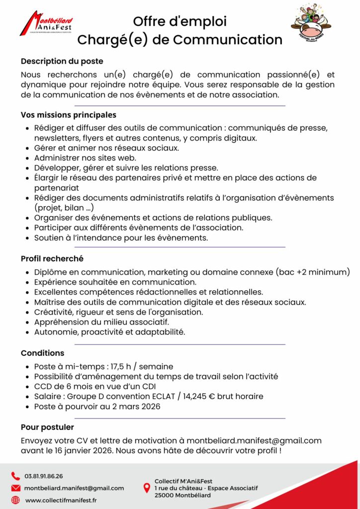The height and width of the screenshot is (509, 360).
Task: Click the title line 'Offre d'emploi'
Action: pos(180,21)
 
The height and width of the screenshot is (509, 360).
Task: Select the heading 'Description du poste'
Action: pos(62,61)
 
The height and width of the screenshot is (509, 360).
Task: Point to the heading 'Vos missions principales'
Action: pos(69,115)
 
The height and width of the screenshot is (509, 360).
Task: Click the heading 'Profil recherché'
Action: pos(52,258)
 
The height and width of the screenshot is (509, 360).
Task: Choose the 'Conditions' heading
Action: pos(42,353)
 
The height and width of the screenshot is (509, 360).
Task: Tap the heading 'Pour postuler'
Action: pos(47,427)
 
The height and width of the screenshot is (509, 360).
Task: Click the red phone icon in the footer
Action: pos(15,476)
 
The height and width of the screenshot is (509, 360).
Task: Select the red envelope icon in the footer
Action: pos(15,488)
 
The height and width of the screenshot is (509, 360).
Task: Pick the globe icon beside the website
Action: pos(15,500)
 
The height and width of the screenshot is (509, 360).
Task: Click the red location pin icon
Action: pos(147,488)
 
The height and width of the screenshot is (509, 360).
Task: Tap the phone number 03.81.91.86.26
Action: pos(44,476)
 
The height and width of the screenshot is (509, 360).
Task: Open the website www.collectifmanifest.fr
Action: pos(61,500)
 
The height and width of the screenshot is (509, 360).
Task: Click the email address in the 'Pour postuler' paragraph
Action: pos(254,440)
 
